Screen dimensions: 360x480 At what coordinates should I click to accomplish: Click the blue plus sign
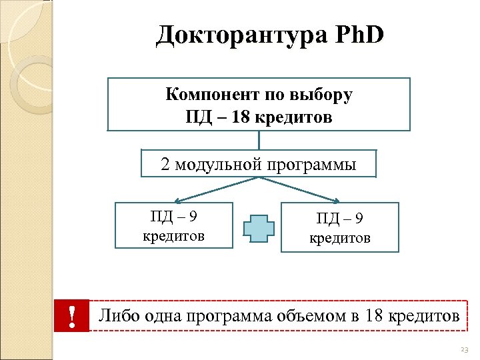pos(259,227)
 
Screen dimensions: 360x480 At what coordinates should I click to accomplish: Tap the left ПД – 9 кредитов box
pos(174,225)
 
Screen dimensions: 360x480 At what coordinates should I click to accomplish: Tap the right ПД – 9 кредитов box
pos(339,227)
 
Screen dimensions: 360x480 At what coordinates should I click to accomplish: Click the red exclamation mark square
pos(71,315)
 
